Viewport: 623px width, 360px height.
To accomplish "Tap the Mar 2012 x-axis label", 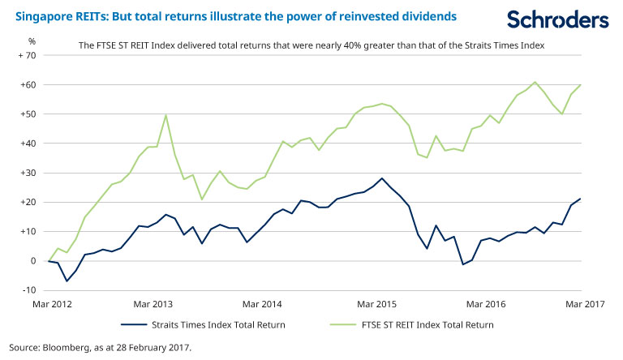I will tap(51, 304).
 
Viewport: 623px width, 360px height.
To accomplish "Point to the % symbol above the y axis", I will tap(32, 41).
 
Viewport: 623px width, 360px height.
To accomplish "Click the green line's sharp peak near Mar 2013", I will tap(165, 114).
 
